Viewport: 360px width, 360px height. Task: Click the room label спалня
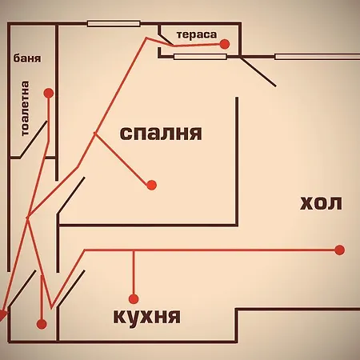[x=161, y=134]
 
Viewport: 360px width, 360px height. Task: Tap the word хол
[x=321, y=203]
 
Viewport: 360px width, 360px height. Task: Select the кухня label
[x=147, y=317]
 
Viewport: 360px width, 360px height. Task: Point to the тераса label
[x=197, y=35]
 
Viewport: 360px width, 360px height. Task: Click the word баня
[x=27, y=58]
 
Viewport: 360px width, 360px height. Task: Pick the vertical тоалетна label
[x=25, y=108]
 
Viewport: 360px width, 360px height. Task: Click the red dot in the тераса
[x=225, y=44]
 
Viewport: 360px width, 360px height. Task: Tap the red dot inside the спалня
[x=151, y=185]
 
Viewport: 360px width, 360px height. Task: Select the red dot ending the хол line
[x=339, y=250]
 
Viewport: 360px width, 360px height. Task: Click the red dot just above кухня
[x=134, y=299]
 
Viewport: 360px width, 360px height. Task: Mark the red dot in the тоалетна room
[x=49, y=93]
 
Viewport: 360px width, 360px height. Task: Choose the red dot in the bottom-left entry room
[x=42, y=324]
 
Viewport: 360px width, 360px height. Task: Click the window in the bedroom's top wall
[x=114, y=24]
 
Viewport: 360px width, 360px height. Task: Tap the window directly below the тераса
[x=200, y=57]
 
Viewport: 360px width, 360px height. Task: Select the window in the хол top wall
[x=318, y=57]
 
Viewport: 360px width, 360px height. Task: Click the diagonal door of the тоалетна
[x=34, y=138]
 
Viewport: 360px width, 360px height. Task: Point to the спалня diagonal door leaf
[x=71, y=195]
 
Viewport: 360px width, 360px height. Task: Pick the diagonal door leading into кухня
[x=71, y=288]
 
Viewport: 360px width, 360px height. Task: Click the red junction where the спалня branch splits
[x=94, y=133]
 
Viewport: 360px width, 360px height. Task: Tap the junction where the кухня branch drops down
[x=134, y=250]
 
